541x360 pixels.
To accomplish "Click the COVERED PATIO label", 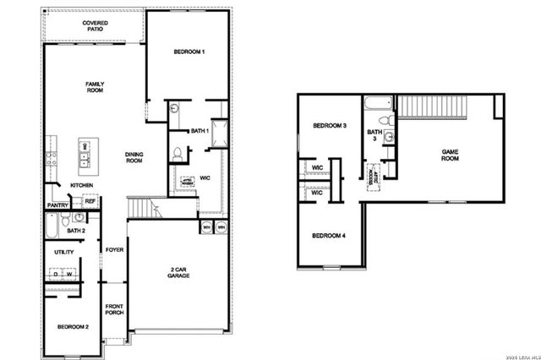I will pos(95,28).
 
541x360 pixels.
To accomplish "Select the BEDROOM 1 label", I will pos(189,52).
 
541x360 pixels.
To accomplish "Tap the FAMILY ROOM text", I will pos(94,87).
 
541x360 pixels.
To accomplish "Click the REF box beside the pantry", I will pos(90,202).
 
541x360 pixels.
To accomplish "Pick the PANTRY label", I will pos(58,205).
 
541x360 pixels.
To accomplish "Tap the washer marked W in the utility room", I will pos(70,274).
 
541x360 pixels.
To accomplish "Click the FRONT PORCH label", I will pos(114,309).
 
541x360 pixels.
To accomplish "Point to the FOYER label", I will pos(114,250).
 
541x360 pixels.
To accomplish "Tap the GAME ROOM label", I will pos(451,155).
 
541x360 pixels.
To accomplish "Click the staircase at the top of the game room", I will pos(433,107).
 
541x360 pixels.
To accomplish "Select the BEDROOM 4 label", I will pos(330,235).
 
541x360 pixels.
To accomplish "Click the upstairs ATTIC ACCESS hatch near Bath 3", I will pos(373,175).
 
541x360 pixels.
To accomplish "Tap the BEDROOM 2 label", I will pos(74,326).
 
